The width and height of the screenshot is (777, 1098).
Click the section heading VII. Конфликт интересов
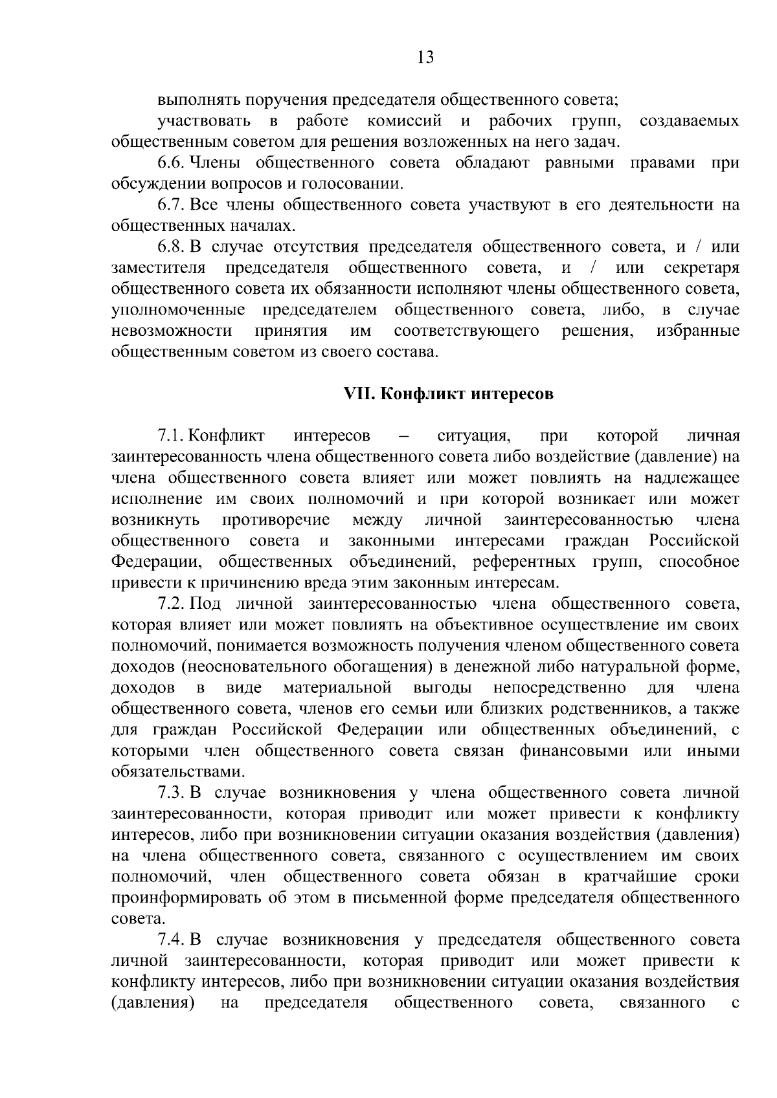click(x=448, y=393)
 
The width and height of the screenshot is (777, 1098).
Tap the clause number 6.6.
click(x=172, y=162)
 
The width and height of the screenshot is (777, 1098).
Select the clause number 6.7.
click(x=172, y=205)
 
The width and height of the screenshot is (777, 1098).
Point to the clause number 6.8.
click(x=172, y=247)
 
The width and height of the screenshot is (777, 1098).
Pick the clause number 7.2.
click(x=172, y=604)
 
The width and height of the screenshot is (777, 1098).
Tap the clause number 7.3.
click(x=172, y=793)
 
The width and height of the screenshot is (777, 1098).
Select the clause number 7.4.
click(x=172, y=939)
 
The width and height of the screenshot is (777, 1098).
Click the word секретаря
click(x=701, y=268)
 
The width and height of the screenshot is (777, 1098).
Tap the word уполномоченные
click(x=178, y=310)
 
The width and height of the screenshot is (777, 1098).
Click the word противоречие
click(x=276, y=520)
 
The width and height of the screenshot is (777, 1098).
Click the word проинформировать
click(x=192, y=898)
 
